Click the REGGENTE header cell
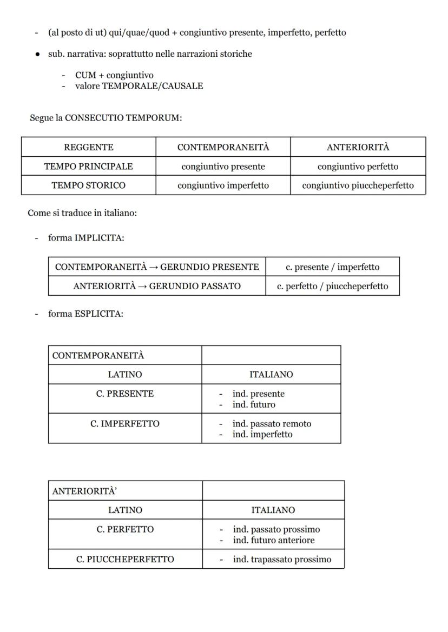tap(89, 147)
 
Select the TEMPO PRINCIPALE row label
tap(89, 166)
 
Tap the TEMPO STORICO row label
tap(89, 185)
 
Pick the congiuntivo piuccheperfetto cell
tap(358, 185)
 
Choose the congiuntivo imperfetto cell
tap(223, 185)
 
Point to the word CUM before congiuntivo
tap(85, 75)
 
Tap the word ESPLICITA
tap(99, 314)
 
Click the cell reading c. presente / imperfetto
tap(332, 267)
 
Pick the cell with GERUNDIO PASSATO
tap(157, 286)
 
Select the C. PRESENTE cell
tap(125, 394)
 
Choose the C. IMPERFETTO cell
tap(125, 423)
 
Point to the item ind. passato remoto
tap(272, 424)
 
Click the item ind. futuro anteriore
tap(273, 540)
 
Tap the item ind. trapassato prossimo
tap(282, 559)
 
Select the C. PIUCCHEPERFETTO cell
tap(125, 559)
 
